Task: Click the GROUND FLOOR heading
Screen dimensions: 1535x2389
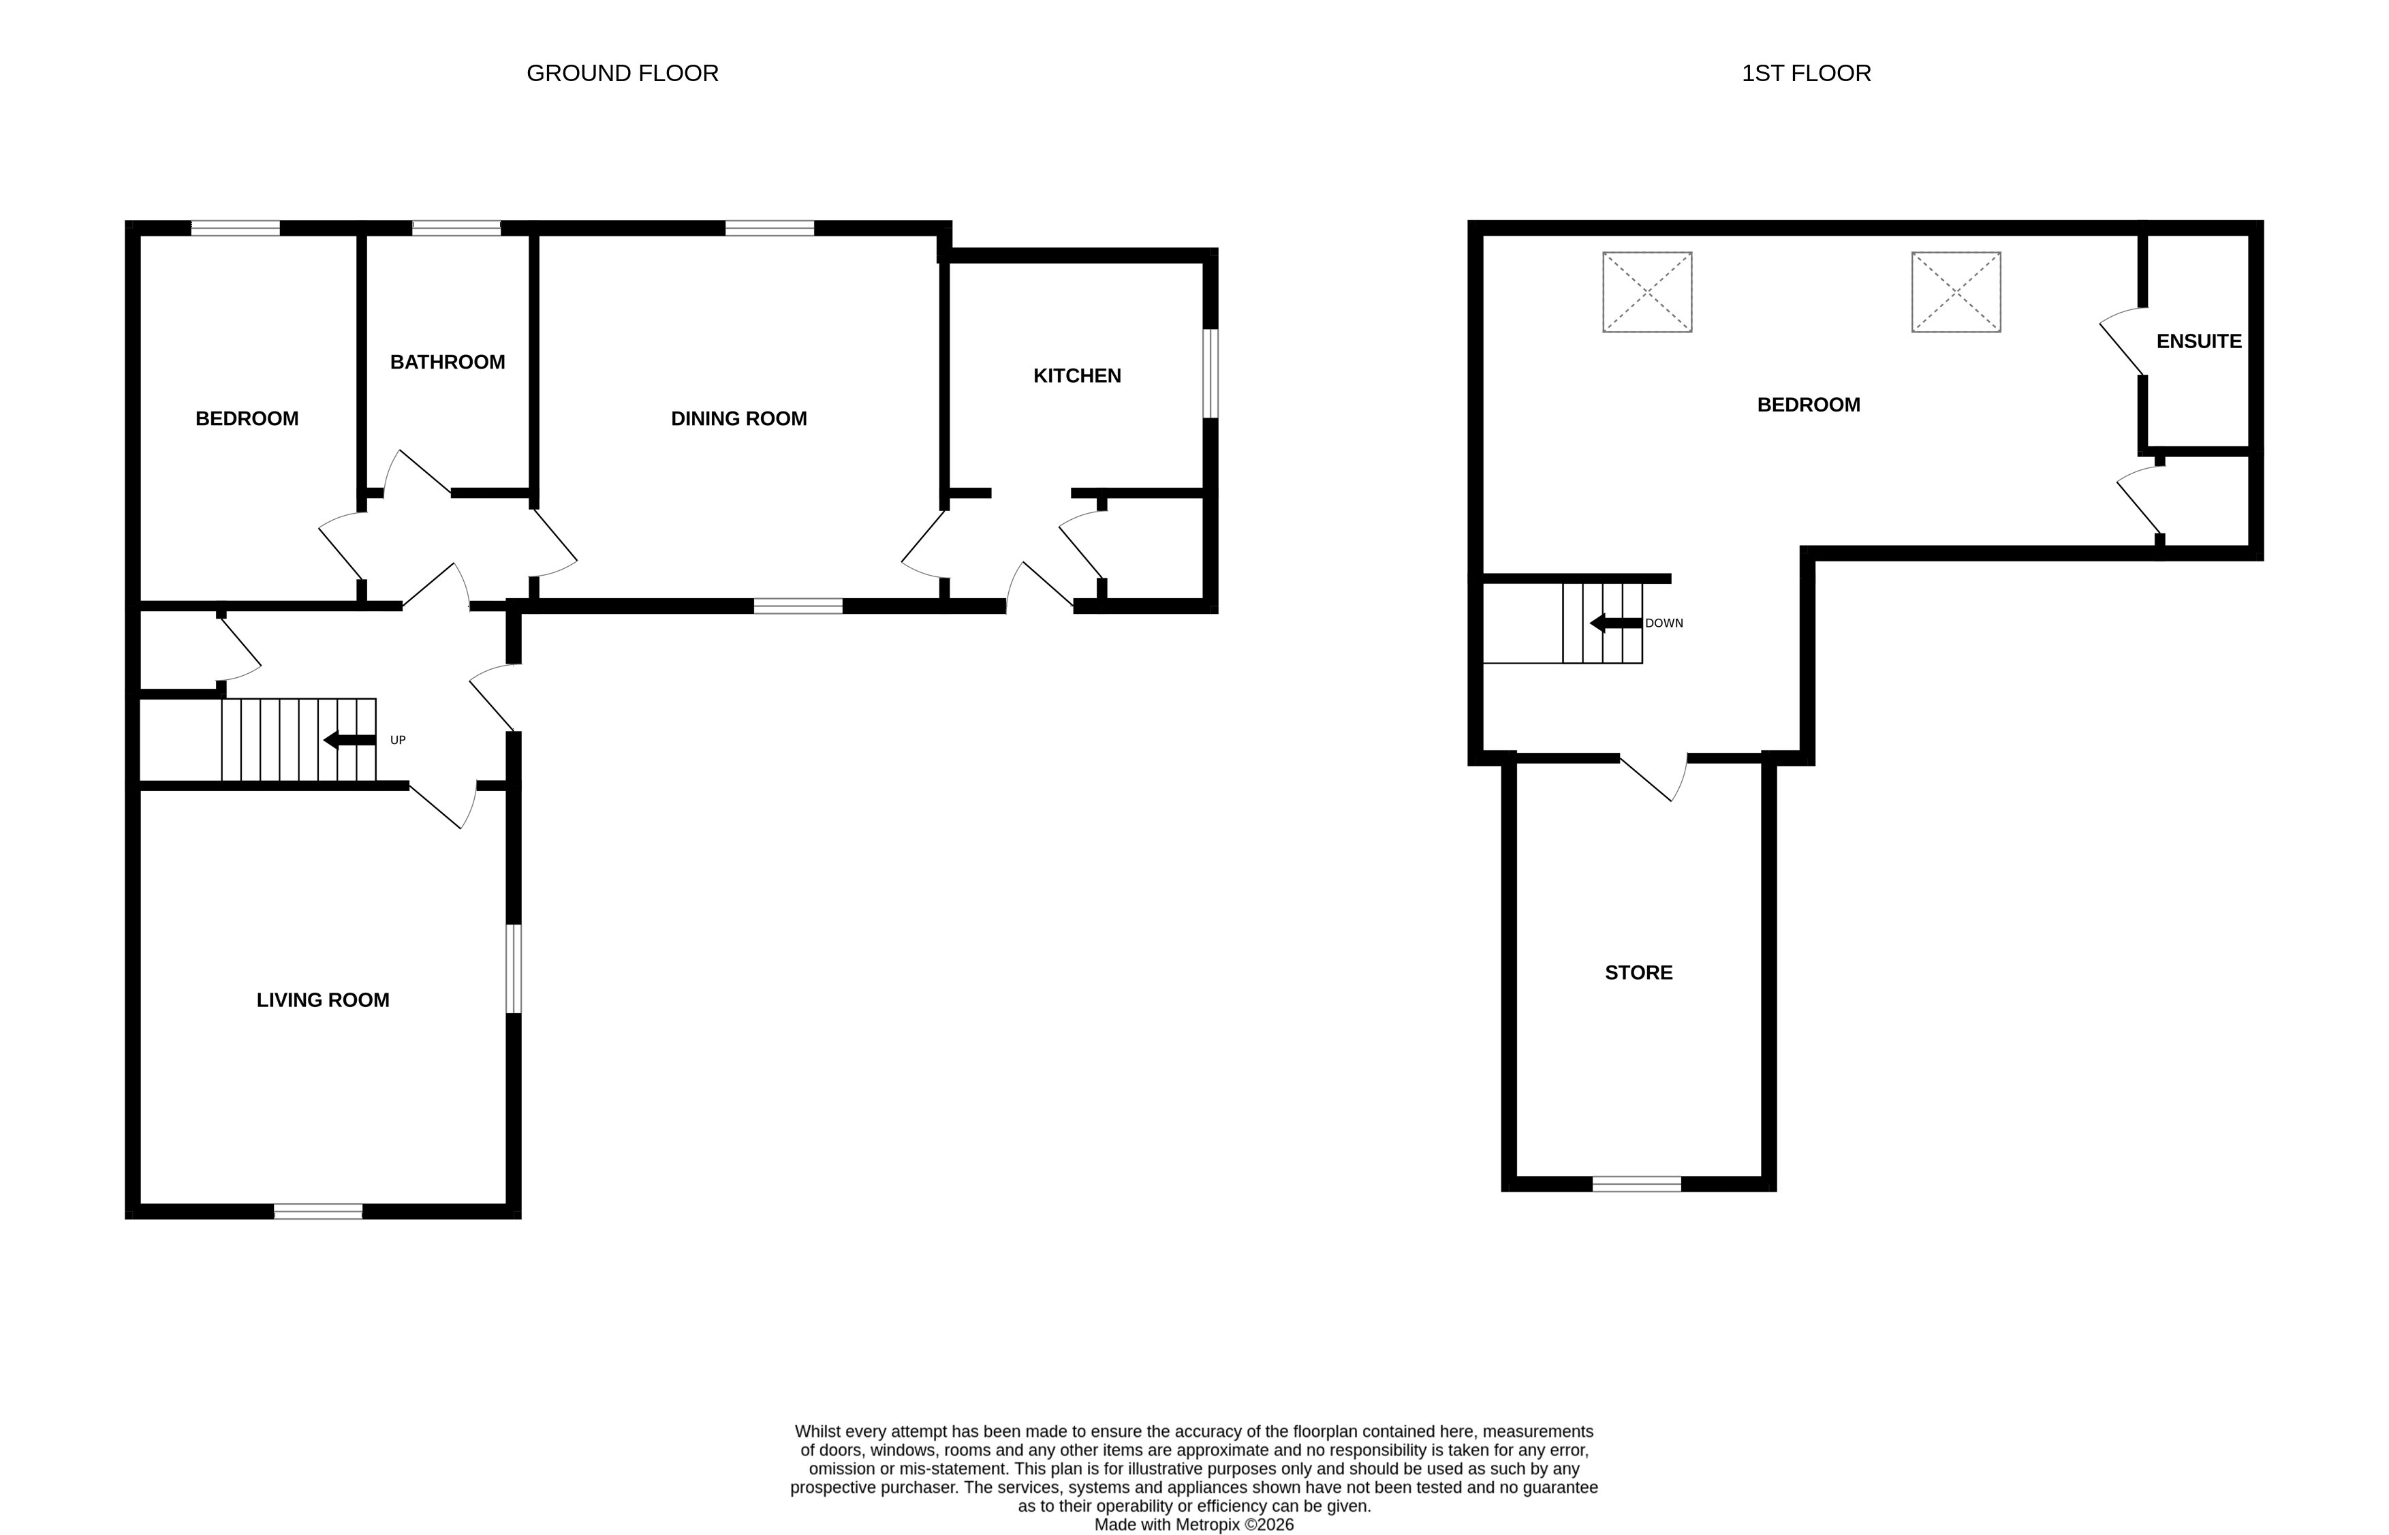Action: point(622,73)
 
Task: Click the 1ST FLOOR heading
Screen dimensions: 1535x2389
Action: point(1805,73)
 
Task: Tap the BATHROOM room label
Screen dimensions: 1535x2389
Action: point(448,362)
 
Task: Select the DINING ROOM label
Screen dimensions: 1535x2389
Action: point(738,418)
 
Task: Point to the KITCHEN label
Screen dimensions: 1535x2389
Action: point(1076,376)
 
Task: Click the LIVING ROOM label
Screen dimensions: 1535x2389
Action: point(323,999)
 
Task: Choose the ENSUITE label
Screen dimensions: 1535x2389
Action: point(2199,341)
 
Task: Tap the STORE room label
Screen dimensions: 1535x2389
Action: point(1638,973)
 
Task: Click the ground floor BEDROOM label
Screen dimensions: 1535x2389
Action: point(246,418)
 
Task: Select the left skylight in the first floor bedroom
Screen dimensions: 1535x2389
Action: point(1646,292)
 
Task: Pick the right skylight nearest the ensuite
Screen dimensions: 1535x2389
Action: point(1956,292)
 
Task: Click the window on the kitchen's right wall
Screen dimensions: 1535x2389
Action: point(1210,374)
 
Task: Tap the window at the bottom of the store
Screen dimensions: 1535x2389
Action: point(1636,1184)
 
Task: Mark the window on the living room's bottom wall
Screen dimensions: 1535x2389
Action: point(318,1211)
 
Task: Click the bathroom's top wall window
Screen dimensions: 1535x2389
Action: point(456,228)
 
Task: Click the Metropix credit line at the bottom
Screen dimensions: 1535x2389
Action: point(1193,1524)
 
